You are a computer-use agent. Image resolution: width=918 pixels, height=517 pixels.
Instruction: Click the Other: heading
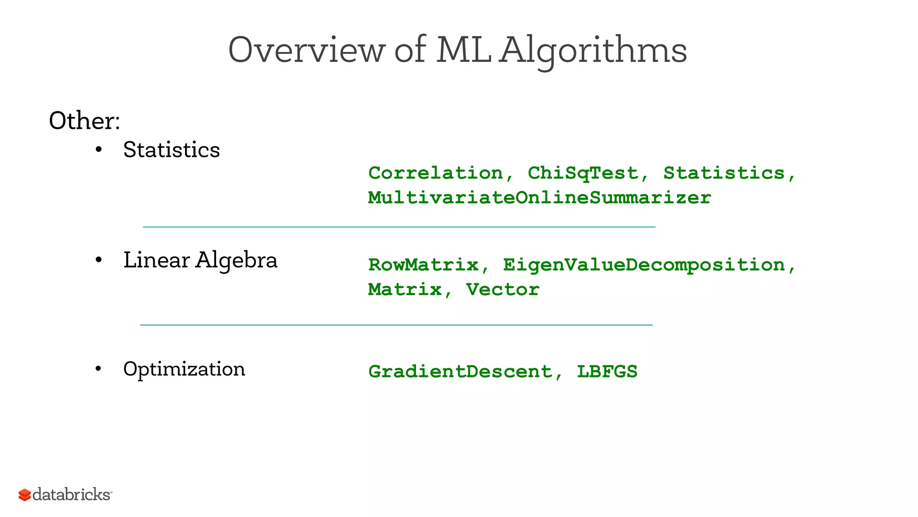point(84,121)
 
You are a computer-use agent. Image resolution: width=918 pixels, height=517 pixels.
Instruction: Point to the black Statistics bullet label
point(171,149)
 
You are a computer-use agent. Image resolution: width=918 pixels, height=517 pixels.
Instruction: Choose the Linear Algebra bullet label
point(200,260)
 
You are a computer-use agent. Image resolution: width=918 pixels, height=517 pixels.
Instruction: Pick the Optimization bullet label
point(184,369)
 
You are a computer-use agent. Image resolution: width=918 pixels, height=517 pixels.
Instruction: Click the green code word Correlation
point(435,173)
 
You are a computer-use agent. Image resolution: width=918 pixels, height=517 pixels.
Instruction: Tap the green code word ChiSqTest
point(583,173)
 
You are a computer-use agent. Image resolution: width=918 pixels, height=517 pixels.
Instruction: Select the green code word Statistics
point(724,173)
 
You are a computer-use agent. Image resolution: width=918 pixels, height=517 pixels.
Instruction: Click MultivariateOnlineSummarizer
point(539,198)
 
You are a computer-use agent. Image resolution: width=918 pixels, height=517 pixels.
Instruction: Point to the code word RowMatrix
point(423,265)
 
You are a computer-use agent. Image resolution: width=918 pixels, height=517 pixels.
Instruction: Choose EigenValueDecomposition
point(644,265)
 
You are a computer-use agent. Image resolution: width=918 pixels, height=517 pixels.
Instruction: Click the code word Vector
point(502,289)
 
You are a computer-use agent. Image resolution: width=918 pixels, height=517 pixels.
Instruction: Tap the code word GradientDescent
point(460,372)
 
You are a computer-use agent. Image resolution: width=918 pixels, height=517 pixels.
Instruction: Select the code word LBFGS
point(607,372)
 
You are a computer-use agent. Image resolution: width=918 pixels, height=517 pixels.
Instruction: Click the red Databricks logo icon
point(25,495)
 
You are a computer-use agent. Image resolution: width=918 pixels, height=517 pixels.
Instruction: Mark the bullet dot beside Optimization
point(99,369)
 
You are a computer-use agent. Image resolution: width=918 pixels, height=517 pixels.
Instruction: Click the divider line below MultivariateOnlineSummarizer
point(399,227)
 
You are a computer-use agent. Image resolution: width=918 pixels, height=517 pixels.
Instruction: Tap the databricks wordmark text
point(72,495)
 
